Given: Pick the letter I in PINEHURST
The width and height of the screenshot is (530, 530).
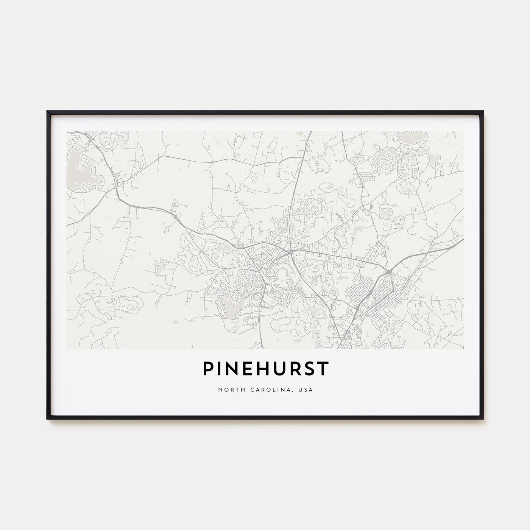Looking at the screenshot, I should click(220, 369).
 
